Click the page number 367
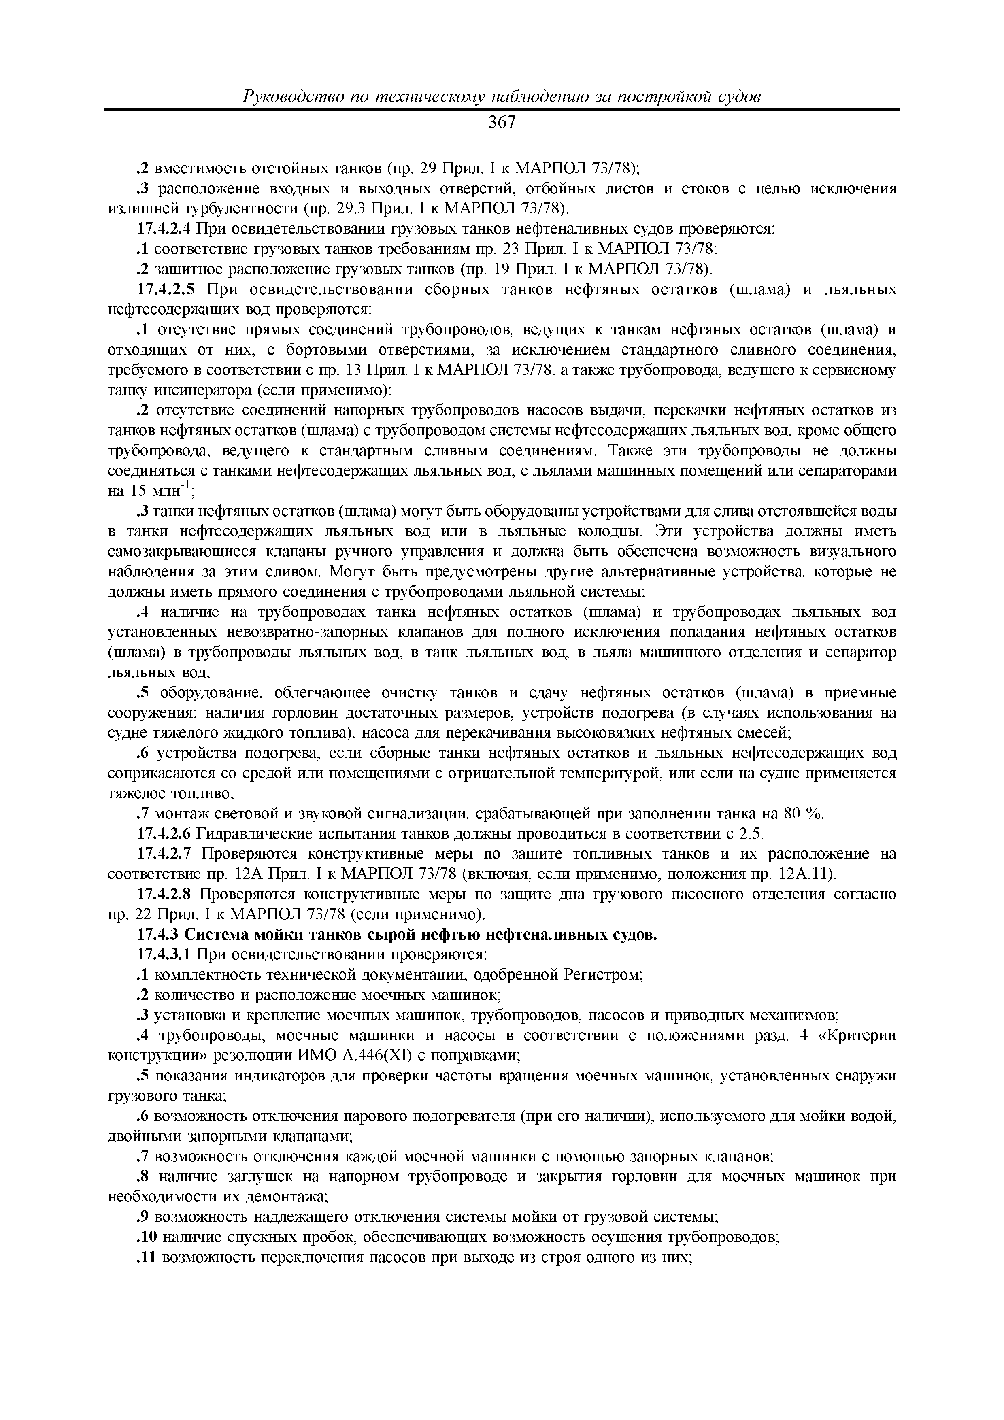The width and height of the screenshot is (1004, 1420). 502,123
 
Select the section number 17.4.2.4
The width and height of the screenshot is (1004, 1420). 164,229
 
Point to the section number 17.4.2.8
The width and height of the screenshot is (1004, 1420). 164,894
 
